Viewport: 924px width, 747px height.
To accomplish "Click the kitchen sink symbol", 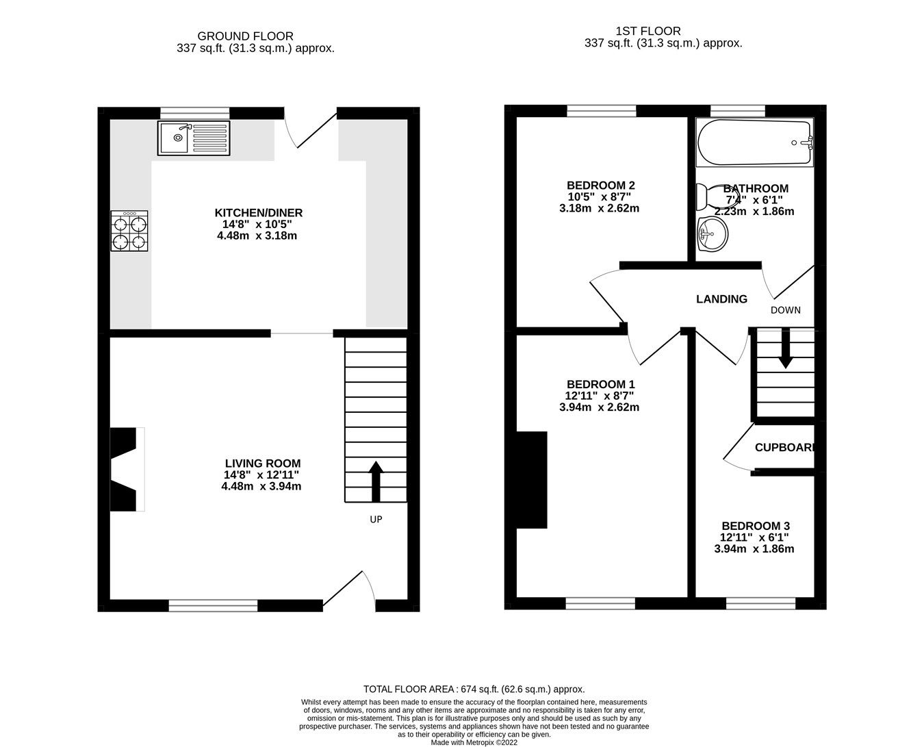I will [x=194, y=138].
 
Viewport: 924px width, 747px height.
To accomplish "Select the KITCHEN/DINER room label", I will [x=258, y=213].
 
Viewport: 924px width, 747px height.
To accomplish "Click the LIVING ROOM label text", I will [x=261, y=464].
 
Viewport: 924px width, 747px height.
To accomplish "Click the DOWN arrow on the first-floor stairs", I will [x=785, y=349].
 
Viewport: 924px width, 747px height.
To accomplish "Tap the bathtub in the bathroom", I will [x=754, y=143].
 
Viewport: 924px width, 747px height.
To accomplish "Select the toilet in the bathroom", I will [x=705, y=197].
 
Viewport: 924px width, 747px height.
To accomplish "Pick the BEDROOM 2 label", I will [x=600, y=185].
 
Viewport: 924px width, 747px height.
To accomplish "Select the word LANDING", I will [x=721, y=299].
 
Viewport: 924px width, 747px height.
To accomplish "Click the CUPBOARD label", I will [x=785, y=448].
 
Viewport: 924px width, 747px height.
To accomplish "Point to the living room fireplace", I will [x=127, y=469].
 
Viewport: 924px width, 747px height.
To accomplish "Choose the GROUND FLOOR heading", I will [x=245, y=36].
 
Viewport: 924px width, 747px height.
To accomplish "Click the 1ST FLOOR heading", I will [x=647, y=31].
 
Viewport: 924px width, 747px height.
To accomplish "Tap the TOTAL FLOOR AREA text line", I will [x=474, y=689].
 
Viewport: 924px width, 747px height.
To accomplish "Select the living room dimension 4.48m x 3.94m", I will [x=261, y=487].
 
